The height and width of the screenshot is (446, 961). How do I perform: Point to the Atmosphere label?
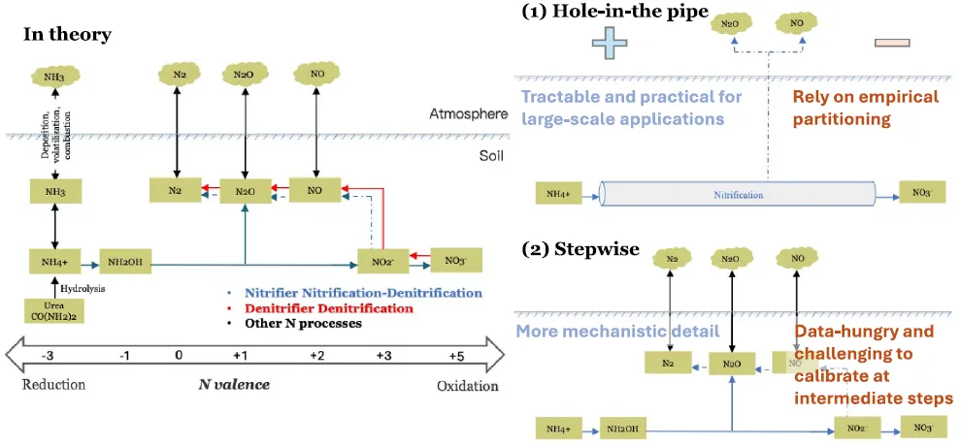point(468,115)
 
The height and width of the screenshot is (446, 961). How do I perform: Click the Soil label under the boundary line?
point(492,154)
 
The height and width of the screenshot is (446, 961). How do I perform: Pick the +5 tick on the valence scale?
point(457,356)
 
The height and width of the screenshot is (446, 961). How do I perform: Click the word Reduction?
point(53,386)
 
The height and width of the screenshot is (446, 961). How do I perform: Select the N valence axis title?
point(234,385)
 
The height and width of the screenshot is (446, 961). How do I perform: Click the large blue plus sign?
point(611,41)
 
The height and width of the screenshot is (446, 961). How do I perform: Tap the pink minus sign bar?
point(891,43)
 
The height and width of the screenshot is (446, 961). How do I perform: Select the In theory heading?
point(67,35)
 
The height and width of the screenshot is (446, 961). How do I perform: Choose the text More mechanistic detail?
point(617,332)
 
